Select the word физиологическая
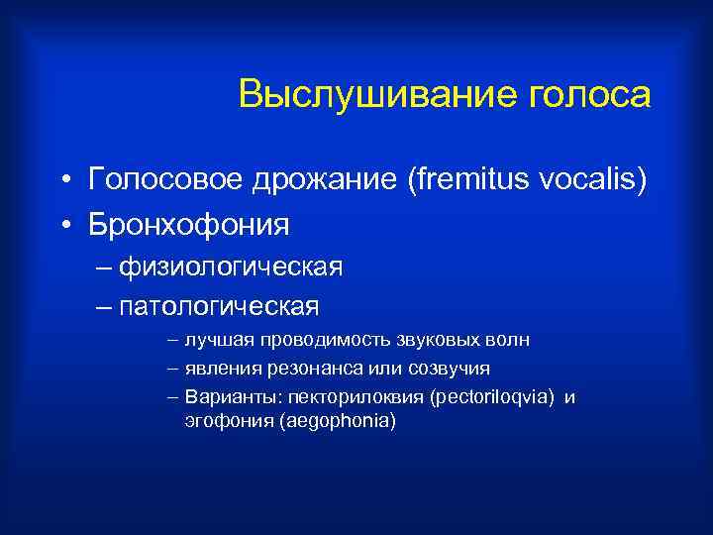click(x=231, y=267)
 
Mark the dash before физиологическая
click(x=105, y=267)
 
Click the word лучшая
click(x=220, y=341)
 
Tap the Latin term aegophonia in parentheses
click(x=337, y=421)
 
